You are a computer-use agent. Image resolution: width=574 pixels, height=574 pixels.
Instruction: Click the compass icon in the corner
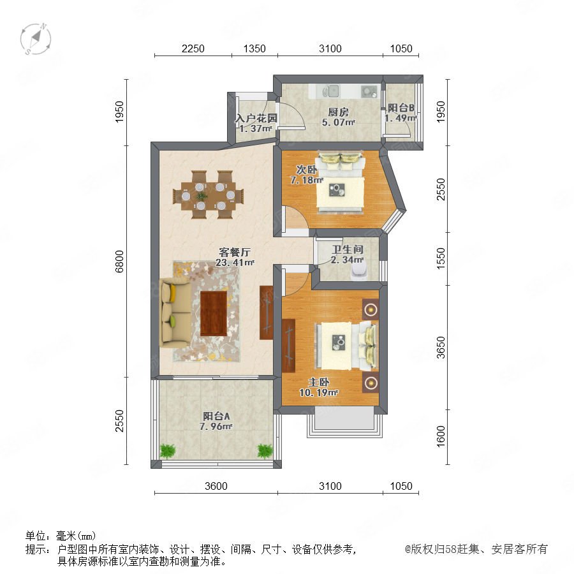36,39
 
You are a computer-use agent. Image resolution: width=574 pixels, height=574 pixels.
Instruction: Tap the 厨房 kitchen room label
338,112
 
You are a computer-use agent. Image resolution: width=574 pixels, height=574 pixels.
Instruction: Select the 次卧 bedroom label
306,170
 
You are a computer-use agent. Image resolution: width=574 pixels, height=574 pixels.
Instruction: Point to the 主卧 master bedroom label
319,382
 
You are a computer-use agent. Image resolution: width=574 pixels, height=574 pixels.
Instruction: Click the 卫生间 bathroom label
348,249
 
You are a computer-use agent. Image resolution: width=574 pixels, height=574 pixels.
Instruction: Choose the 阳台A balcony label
216,416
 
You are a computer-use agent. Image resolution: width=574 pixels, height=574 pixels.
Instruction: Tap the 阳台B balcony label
401,108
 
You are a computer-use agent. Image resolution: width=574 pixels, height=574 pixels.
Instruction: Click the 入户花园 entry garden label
256,118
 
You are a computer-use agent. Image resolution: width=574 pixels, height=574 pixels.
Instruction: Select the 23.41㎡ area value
235,263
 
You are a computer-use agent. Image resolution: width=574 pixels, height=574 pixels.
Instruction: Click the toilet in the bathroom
358,272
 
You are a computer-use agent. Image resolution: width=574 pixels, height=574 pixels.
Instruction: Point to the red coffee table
214,314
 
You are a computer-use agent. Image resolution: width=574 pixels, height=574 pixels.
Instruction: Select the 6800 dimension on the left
119,261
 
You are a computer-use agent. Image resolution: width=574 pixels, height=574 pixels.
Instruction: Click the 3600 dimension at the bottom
216,486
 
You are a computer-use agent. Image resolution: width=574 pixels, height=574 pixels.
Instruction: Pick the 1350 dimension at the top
254,48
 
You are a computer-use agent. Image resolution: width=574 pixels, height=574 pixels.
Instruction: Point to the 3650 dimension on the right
441,348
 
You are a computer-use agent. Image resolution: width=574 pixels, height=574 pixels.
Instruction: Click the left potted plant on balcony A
168,451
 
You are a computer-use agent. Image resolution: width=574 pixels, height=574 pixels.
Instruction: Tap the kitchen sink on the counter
333,91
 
